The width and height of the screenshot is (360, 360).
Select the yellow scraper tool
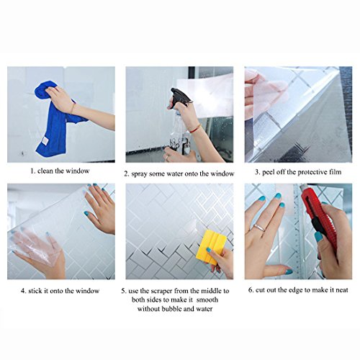(x=211, y=247)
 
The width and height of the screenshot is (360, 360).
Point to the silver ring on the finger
(x=259, y=227)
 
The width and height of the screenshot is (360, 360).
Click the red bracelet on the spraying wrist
(x=196, y=129)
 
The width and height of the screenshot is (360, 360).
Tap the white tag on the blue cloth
(x=45, y=140)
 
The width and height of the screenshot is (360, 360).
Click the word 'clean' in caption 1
(x=45, y=171)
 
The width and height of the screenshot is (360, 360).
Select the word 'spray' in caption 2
(x=139, y=174)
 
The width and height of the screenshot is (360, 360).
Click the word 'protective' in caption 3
(x=310, y=172)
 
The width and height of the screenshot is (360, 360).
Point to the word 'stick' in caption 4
(x=35, y=291)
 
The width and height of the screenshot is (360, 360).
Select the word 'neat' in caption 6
(x=342, y=290)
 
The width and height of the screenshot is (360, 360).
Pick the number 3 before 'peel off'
(x=256, y=172)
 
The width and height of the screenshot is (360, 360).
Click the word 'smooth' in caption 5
(x=207, y=300)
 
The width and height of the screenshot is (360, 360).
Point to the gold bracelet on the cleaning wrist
(x=72, y=109)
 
